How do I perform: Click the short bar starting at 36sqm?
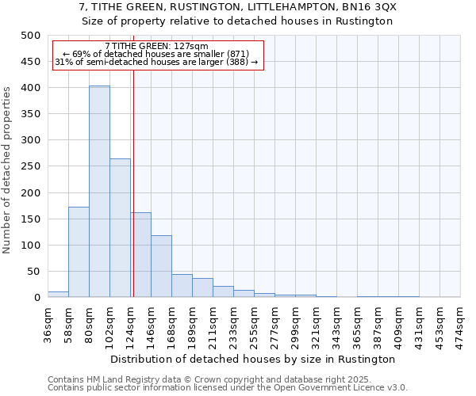tap(58, 294)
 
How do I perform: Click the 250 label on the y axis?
tap(30, 167)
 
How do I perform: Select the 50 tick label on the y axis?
tap(33, 272)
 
